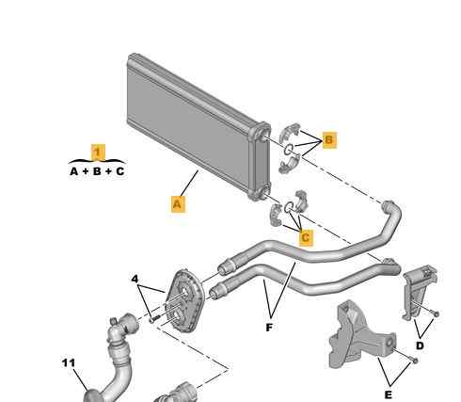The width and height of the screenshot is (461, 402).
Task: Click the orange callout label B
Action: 329,139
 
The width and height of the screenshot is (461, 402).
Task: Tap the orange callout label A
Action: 178,204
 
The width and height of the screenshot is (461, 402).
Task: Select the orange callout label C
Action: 306,237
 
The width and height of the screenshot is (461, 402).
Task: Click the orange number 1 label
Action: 98,152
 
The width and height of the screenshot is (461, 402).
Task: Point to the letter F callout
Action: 269,328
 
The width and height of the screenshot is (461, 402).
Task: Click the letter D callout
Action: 420,346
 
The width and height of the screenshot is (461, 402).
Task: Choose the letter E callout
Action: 389,394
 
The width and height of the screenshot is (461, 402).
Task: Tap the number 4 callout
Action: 135,279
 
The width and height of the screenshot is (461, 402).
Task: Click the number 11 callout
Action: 69,363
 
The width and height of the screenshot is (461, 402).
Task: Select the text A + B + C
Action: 97,171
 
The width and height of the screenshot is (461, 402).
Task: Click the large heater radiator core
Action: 198,125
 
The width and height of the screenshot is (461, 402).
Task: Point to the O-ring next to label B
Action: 289,150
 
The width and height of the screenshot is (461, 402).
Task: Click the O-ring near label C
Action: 288,207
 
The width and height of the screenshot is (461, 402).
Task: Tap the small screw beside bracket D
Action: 436,314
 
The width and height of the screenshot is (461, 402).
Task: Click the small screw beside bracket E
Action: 414,361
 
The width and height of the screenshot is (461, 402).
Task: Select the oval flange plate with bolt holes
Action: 186,300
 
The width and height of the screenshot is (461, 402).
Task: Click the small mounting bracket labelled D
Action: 419,293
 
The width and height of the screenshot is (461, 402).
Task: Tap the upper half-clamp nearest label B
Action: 289,132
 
